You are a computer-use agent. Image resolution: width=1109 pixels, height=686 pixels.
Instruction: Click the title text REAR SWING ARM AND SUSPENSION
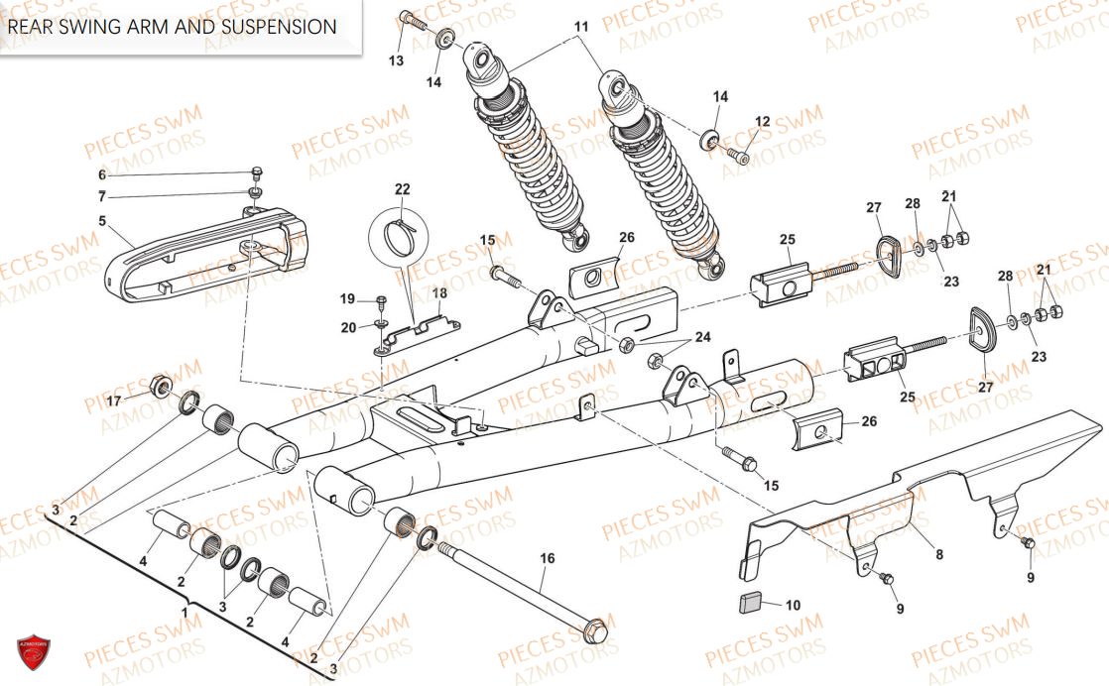click(x=173, y=27)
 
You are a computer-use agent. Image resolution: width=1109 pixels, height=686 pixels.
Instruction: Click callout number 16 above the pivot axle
click(x=548, y=558)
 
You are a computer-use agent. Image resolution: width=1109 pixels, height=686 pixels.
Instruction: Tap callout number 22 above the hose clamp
click(x=401, y=188)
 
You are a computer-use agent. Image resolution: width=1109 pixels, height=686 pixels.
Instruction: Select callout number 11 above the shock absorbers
click(x=580, y=26)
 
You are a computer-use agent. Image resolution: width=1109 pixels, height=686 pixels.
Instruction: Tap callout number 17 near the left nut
click(x=113, y=401)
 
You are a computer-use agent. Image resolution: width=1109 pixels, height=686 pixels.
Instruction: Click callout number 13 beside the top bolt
click(x=396, y=61)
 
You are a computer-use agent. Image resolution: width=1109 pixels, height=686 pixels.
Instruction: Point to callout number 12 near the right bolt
click(x=762, y=122)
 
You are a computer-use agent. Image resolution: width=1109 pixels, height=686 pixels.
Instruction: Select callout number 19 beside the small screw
click(x=347, y=298)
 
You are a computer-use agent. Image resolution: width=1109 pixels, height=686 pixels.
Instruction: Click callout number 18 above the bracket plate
click(x=439, y=293)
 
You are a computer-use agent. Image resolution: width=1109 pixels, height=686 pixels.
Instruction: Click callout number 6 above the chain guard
click(x=101, y=175)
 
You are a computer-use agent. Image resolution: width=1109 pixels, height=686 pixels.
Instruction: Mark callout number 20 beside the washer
click(x=347, y=327)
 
